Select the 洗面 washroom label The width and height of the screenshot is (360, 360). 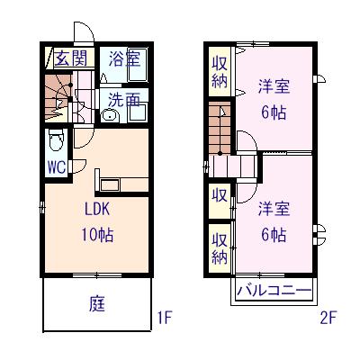click(124, 98)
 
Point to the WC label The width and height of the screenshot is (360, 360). click(54, 167)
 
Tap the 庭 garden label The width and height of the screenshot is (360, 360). click(97, 303)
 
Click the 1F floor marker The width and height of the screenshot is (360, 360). click(164, 317)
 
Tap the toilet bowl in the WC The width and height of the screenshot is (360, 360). click(55, 141)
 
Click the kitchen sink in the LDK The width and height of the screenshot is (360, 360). click(112, 184)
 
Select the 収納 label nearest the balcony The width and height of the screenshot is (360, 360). click(219, 246)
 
